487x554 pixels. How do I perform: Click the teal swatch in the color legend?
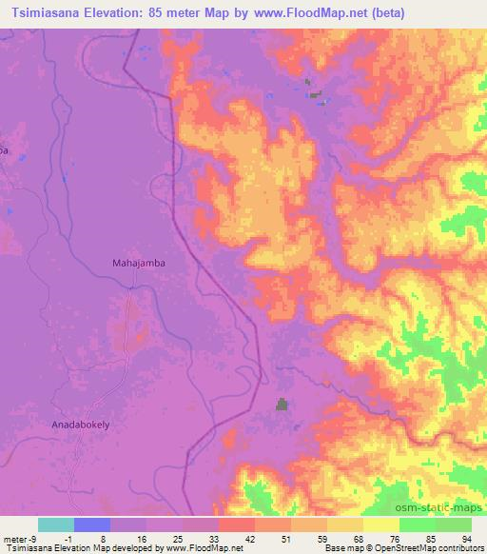pos(56,524)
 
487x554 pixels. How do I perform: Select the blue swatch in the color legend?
pos(92,524)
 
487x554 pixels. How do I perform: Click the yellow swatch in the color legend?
pos(381,524)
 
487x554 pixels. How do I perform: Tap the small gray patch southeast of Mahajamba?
pos(282,405)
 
